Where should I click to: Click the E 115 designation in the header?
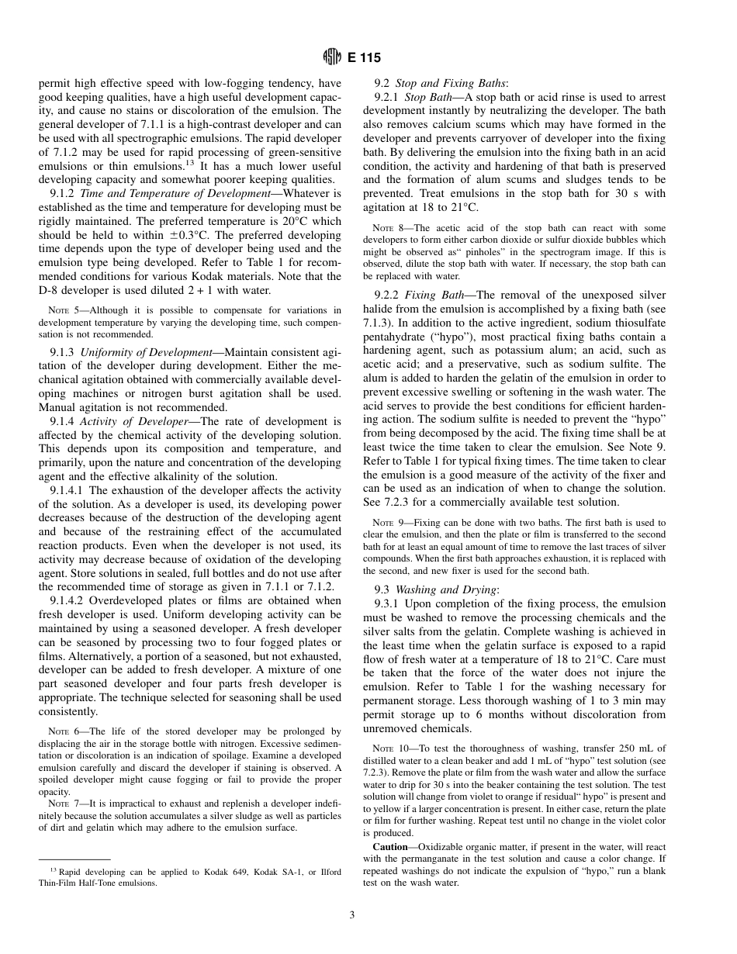click(364, 57)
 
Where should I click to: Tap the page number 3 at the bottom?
click(351, 915)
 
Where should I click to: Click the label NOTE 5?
click(64, 310)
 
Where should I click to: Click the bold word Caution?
click(391, 847)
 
